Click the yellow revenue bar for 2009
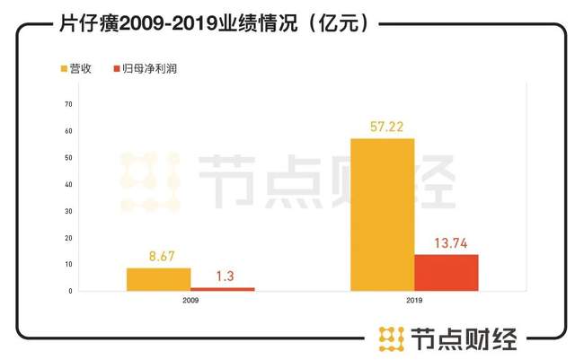(158, 279)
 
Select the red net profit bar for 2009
(223, 289)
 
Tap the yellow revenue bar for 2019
(382, 215)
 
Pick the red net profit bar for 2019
(447, 273)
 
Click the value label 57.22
(382, 124)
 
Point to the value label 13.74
(447, 241)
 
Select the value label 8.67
(158, 255)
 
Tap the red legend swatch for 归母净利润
(117, 68)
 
